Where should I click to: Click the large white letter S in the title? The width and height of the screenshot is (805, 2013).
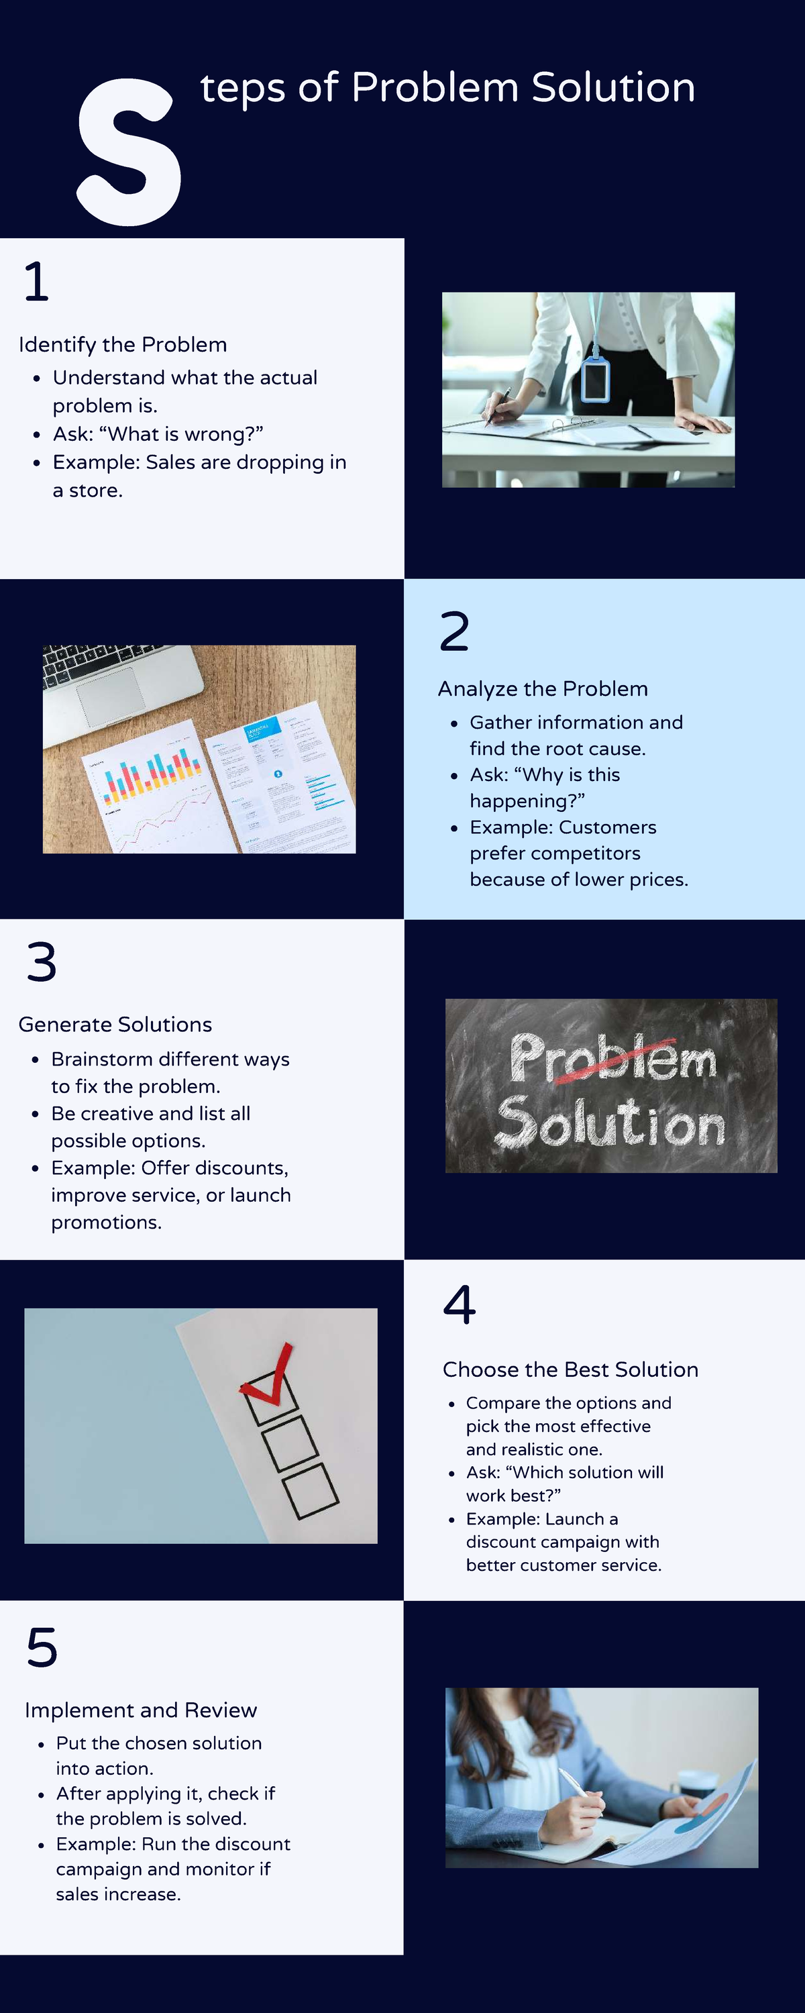coord(129,152)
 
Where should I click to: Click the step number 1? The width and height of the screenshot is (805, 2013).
coord(36,281)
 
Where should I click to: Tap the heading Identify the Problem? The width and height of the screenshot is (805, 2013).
coord(123,345)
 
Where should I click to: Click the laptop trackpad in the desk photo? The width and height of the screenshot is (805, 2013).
coord(111,694)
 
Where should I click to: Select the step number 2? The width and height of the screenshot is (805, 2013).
coord(454,631)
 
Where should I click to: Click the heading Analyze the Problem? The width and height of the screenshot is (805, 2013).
coord(543,688)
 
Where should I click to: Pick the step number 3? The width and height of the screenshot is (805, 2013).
coord(42,962)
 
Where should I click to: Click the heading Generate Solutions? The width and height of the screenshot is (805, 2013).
coord(115,1025)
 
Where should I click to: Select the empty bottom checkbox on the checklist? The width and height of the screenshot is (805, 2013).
coord(311,1490)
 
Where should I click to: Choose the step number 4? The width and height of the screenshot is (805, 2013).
coord(460,1304)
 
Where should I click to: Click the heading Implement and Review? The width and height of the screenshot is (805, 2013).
coord(141,1710)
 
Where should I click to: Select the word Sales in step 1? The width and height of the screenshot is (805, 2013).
coord(170,462)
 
